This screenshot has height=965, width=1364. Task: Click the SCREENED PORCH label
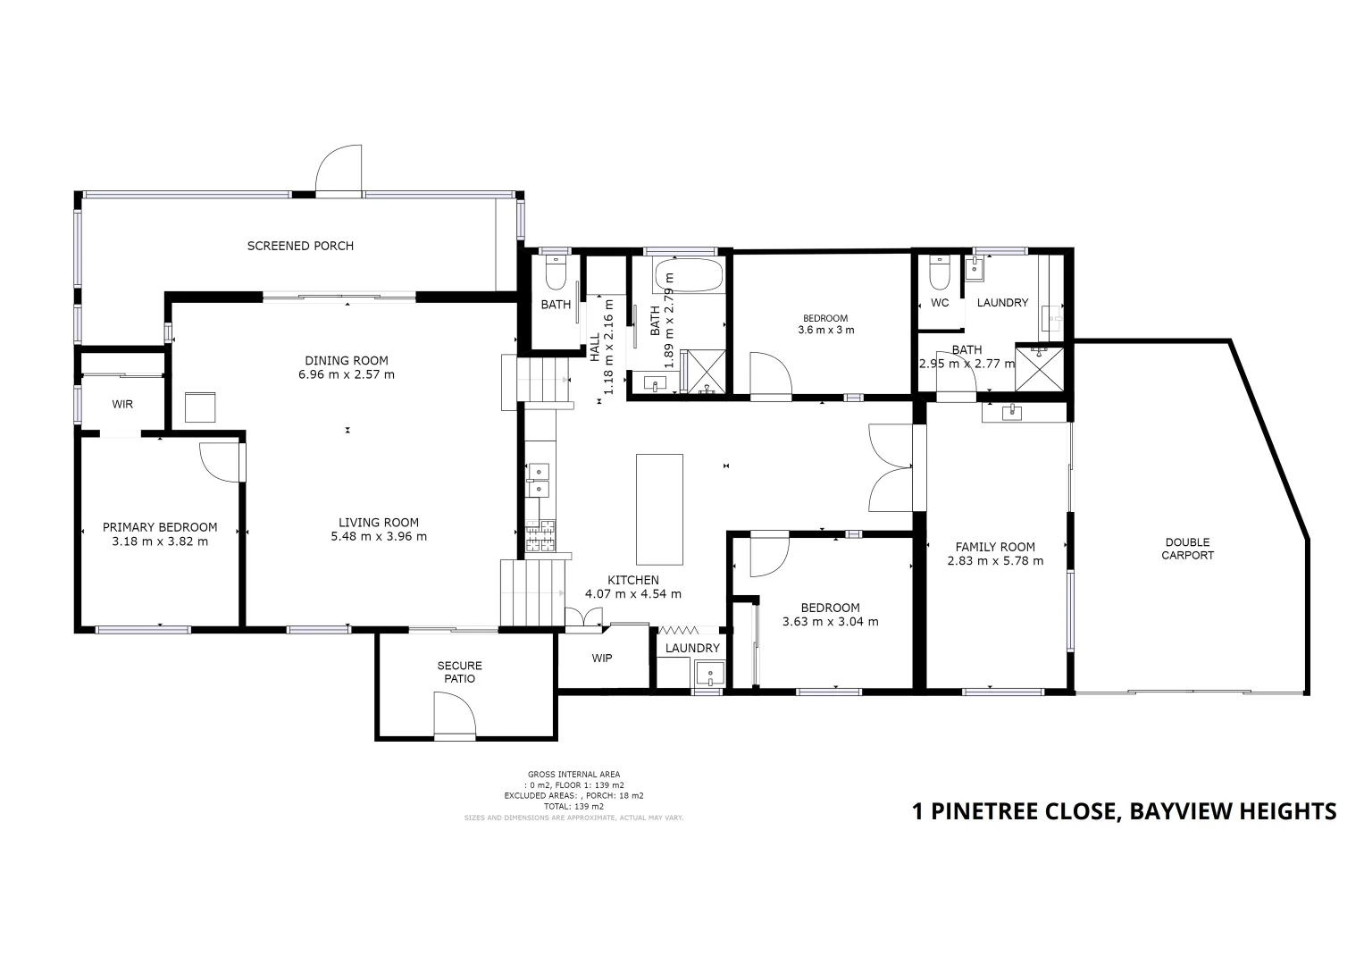(300, 246)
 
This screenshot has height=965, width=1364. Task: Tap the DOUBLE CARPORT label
(1188, 549)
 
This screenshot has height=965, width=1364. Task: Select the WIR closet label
(122, 405)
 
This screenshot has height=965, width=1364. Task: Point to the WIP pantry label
(602, 659)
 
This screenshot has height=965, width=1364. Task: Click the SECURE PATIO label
(460, 672)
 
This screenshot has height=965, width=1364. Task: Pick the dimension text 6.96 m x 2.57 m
(347, 374)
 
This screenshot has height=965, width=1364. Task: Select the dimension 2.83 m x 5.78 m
(995, 561)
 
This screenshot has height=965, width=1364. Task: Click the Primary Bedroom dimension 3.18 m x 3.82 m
(160, 541)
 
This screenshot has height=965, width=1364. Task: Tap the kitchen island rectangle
(659, 509)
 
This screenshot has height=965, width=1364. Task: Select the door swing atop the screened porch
(339, 170)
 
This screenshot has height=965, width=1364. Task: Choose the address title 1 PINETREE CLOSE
(1124, 811)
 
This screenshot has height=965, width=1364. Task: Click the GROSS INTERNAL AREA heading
(573, 775)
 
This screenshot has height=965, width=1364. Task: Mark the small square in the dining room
(201, 407)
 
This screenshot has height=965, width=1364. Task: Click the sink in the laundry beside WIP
(709, 673)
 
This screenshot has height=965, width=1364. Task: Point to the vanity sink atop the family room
(1012, 412)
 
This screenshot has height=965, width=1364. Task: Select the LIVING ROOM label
(379, 523)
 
